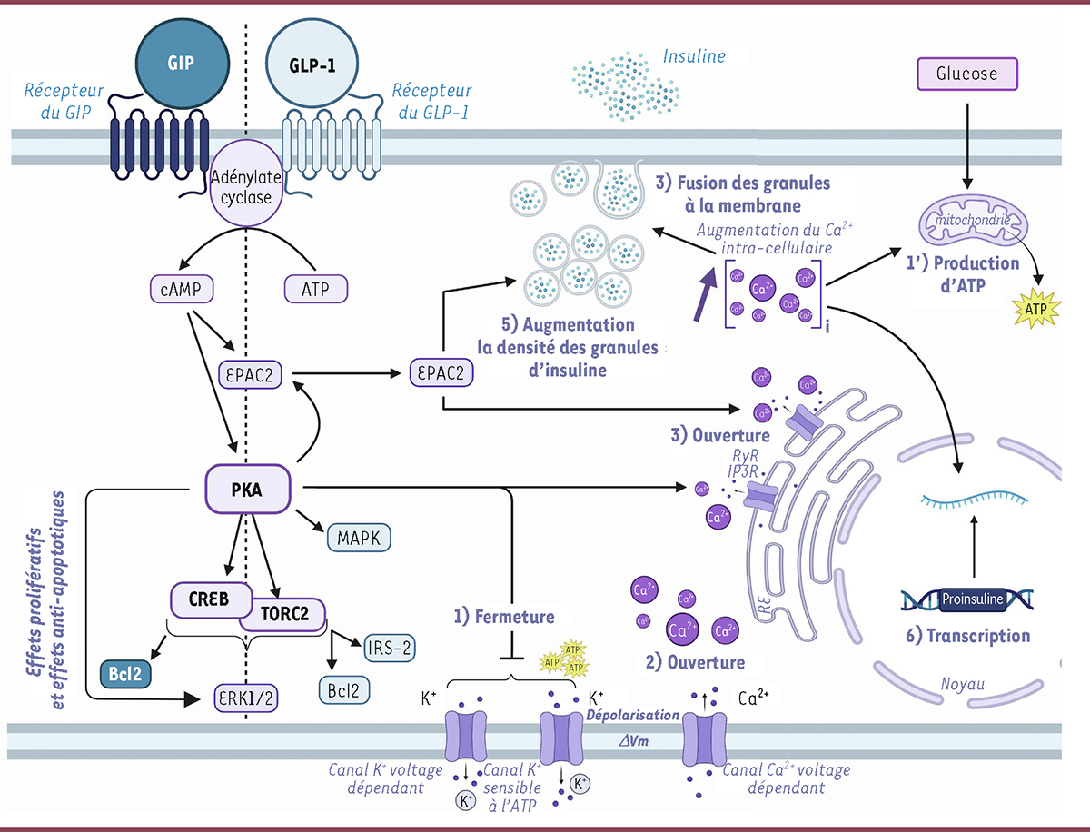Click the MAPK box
tap(359, 538)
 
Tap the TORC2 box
tap(284, 615)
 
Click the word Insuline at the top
tap(694, 56)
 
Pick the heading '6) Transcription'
tap(969, 636)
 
